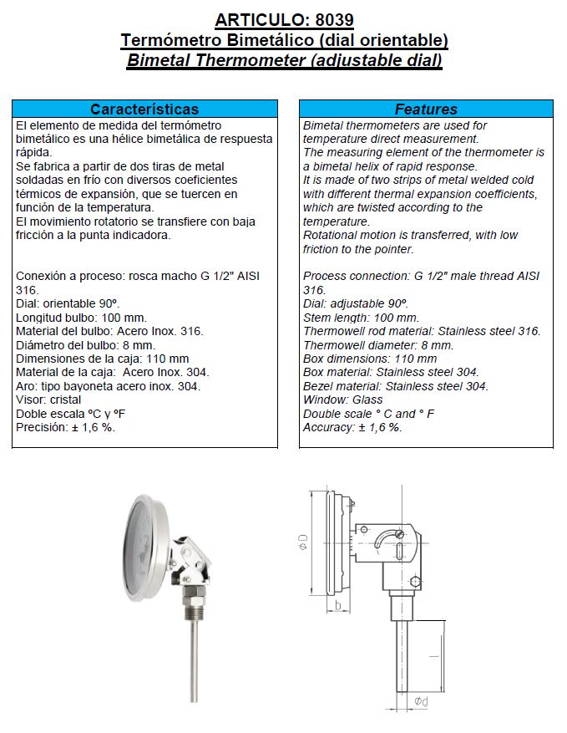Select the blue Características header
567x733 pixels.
tap(144, 109)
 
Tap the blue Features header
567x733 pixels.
tap(426, 109)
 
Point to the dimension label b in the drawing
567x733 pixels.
tap(337, 604)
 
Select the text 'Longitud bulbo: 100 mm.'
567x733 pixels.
tap(82, 318)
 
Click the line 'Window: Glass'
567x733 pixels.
tap(343, 400)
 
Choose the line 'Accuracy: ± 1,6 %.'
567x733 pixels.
tap(352, 427)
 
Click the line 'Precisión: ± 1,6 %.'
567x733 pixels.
tap(66, 427)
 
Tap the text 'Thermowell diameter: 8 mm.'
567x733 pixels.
tap(378, 344)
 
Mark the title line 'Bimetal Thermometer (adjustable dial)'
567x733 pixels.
tap(284, 60)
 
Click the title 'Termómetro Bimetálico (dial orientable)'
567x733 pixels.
tap(284, 39)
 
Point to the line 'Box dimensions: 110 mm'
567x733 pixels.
tap(370, 359)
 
